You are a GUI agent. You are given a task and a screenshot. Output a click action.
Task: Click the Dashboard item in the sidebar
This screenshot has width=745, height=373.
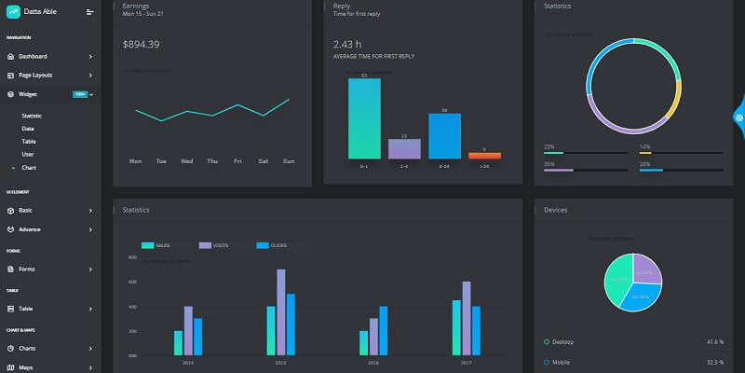pos(33,56)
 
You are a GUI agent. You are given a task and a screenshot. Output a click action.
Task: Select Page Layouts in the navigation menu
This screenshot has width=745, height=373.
pos(35,75)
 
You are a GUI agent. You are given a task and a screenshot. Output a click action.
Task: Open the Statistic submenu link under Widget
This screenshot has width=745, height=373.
pos(32,115)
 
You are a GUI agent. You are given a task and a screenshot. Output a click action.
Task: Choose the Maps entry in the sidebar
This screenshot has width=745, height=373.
pos(26,367)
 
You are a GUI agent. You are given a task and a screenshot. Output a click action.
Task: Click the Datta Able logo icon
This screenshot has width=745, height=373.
pos(12,11)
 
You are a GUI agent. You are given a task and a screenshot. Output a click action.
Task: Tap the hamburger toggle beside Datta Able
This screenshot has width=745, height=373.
pos(89,12)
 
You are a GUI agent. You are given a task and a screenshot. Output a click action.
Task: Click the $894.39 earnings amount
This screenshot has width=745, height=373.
pos(141,45)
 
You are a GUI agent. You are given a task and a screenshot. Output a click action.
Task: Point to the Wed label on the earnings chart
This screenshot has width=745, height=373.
pos(186,161)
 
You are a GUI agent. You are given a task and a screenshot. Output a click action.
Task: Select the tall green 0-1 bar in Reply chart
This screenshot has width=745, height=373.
pos(364,117)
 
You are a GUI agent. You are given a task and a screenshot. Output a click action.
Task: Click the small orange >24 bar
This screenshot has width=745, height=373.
pos(484,155)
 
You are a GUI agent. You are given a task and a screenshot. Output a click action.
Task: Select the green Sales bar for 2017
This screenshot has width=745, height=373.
pos(456,327)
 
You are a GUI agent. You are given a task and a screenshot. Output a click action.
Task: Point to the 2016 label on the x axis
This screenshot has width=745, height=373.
pos(373,362)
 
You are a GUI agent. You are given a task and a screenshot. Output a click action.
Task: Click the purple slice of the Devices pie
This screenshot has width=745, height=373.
pos(646,269)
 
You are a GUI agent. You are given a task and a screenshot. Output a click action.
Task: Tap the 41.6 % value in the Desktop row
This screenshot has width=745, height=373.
pos(715,342)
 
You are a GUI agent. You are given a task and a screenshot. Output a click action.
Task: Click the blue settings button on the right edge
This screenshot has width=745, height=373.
pos(738,117)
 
